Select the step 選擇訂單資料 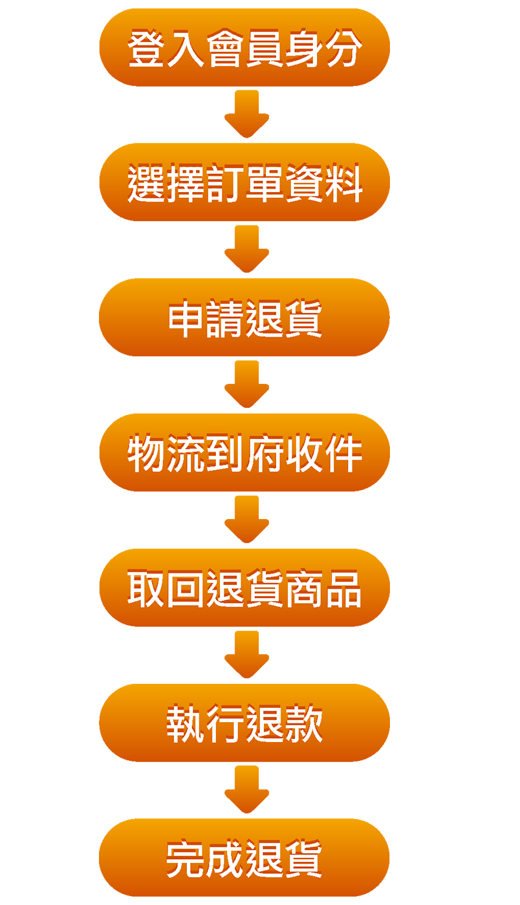tap(244, 185)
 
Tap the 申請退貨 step tap(244, 320)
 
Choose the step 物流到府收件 tap(244, 455)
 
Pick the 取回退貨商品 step tap(244, 590)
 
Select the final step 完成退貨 tap(244, 859)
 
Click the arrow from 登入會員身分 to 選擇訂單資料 tap(246, 116)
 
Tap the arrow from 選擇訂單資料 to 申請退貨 tap(246, 251)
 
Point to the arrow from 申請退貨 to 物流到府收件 tap(246, 387)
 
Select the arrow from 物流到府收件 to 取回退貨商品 tap(246, 522)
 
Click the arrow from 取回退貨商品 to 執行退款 tap(246, 657)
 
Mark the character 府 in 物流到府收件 tap(264, 454)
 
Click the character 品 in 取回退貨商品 tap(343, 590)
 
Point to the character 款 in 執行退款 tap(303, 725)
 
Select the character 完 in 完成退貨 tap(186, 859)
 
